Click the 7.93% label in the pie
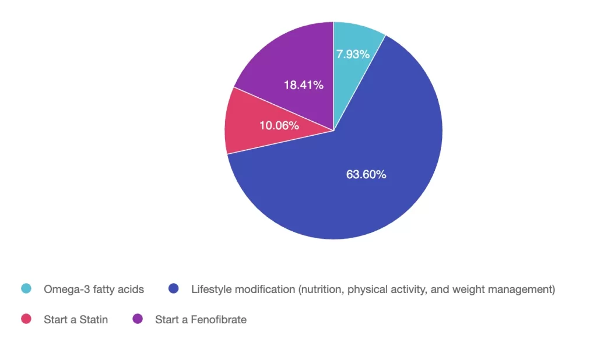353,54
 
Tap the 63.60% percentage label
366,174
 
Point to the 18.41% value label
304,85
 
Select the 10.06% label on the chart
279,125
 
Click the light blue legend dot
26,289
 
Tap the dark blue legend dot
173,289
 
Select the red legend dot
26,319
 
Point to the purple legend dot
138,319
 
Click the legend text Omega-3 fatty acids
94,289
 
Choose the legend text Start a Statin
76,319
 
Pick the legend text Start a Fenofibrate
201,319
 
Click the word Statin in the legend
93,319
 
